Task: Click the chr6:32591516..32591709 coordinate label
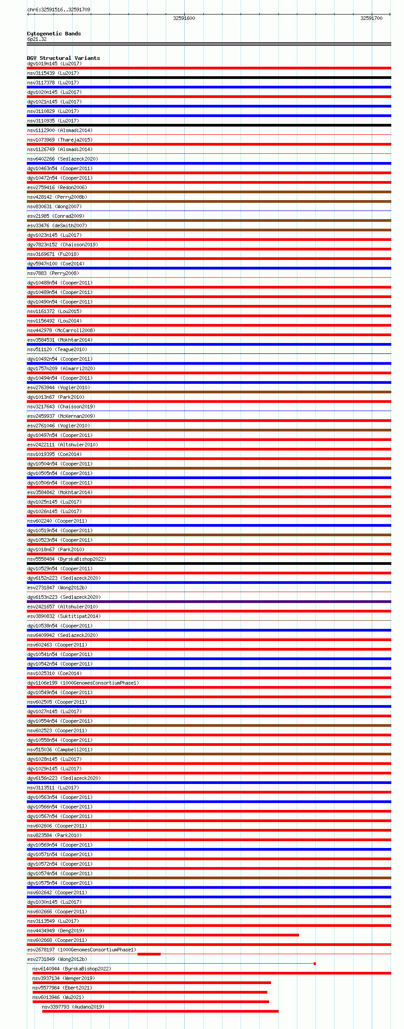coord(59,10)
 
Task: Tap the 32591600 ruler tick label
coord(184,18)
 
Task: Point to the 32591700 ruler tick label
coord(371,18)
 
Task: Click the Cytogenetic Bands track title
coord(54,34)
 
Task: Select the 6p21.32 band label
coord(37,39)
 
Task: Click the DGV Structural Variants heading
coord(63,58)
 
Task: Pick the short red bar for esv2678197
coord(149,954)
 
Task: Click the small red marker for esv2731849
coord(315,964)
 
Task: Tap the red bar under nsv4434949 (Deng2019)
coord(163,935)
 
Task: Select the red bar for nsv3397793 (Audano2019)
coord(160,1011)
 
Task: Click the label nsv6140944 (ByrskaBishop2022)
coord(72,969)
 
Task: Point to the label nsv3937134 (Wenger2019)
coord(64,978)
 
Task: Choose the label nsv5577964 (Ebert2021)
coord(62,988)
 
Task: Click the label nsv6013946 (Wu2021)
coord(58,997)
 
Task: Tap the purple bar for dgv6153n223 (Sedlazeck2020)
coord(209,602)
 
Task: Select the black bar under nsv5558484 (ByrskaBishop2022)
coord(209,563)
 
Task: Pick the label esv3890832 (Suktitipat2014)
coord(64,616)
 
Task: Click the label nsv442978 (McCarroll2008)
coord(61,330)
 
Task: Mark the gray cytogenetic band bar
coord(209,44)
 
